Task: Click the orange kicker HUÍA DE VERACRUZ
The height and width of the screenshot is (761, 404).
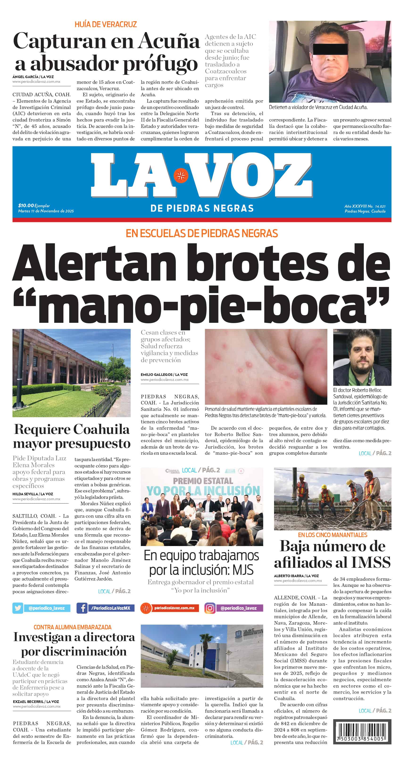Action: (x=106, y=25)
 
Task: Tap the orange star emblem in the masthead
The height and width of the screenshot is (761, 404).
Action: (x=181, y=176)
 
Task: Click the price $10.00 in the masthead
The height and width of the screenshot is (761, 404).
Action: (x=26, y=205)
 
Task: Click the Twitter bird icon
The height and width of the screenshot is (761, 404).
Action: (x=18, y=608)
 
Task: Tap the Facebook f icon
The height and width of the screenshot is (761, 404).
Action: (x=82, y=608)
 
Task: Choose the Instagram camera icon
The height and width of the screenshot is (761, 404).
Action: (x=210, y=608)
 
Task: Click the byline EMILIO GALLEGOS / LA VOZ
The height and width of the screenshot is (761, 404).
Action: (x=164, y=374)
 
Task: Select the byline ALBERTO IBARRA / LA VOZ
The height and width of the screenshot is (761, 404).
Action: (x=296, y=576)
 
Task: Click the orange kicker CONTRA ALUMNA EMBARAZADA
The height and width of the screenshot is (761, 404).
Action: (x=72, y=627)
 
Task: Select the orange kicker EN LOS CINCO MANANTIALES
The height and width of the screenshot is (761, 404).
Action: (x=333, y=535)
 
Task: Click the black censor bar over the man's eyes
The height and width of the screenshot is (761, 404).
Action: (x=330, y=49)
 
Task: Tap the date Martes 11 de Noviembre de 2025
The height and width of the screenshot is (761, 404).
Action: (x=46, y=211)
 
